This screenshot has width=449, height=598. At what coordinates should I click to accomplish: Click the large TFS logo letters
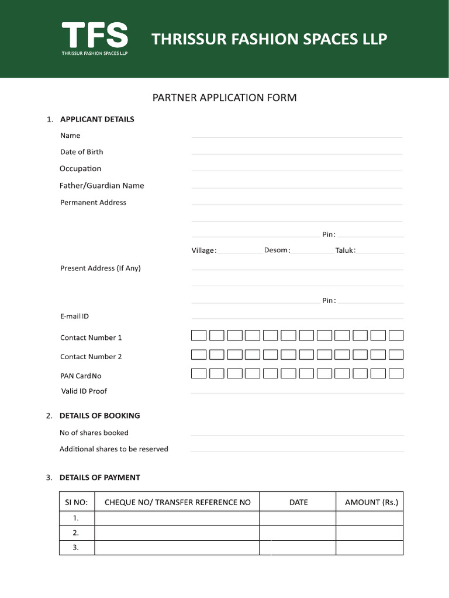click(95, 35)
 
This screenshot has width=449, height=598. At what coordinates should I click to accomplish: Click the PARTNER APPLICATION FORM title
click(224, 98)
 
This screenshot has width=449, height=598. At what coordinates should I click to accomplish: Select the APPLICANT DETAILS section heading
click(97, 119)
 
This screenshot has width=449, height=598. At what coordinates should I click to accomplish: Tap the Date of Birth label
click(81, 152)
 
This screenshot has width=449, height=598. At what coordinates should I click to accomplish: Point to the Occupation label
click(80, 169)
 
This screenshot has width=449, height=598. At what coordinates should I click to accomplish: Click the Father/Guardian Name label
click(102, 186)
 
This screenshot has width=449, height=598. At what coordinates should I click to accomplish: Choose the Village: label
click(204, 251)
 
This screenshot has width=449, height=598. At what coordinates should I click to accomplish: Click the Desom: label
click(277, 251)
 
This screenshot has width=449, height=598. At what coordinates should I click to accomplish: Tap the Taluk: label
click(346, 251)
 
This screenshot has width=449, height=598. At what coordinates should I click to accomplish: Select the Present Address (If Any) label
click(100, 269)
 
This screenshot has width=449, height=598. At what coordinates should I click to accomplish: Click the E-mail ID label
click(74, 317)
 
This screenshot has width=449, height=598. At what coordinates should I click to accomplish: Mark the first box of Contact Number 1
click(199, 335)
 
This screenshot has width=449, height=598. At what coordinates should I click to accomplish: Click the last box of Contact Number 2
click(396, 354)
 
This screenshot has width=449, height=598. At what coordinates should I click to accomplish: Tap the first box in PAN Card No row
click(199, 373)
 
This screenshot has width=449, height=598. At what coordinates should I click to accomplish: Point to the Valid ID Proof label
click(84, 391)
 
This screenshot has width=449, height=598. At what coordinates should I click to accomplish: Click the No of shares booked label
click(94, 433)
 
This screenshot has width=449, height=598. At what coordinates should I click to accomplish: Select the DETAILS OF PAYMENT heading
click(99, 478)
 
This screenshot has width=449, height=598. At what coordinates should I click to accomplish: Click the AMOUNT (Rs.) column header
click(371, 502)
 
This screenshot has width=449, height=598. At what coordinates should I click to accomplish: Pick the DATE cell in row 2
click(298, 533)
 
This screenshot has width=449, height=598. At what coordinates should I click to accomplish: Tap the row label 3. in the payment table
click(76, 548)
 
